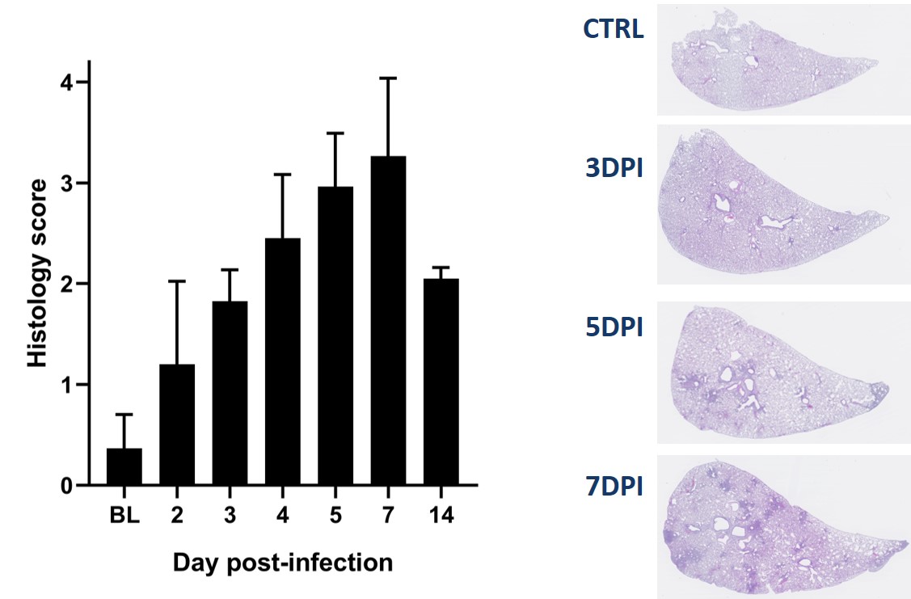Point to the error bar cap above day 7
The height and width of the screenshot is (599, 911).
[388, 78]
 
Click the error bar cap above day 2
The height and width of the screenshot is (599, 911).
[177, 281]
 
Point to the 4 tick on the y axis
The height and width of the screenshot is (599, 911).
[83, 83]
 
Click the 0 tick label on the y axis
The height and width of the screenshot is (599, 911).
[68, 486]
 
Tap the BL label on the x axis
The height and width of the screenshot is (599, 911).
[124, 515]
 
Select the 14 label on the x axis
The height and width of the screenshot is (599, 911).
[441, 515]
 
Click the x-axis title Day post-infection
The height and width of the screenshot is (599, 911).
[282, 562]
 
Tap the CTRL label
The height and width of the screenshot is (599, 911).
[614, 29]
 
